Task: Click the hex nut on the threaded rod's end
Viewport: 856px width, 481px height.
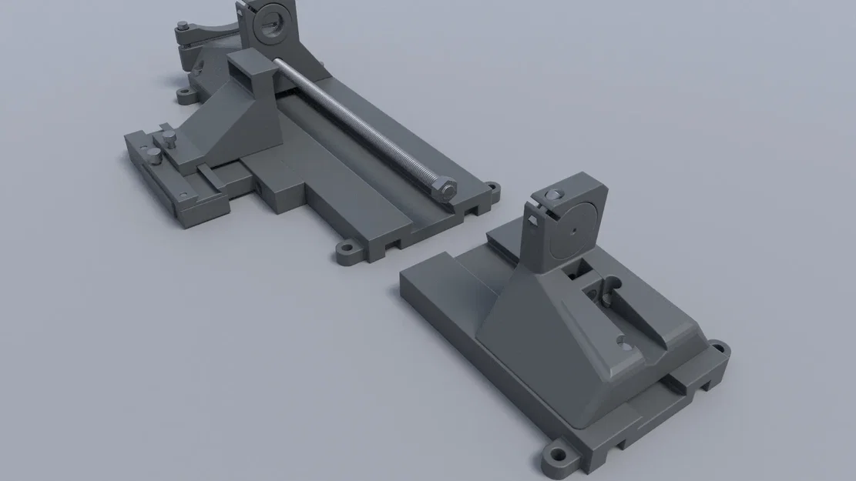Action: [445, 189]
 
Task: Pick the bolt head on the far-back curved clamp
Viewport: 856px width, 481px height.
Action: [182, 25]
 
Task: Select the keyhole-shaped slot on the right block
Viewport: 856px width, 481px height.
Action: [610, 293]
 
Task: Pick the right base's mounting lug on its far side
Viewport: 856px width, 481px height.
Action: [717, 348]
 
